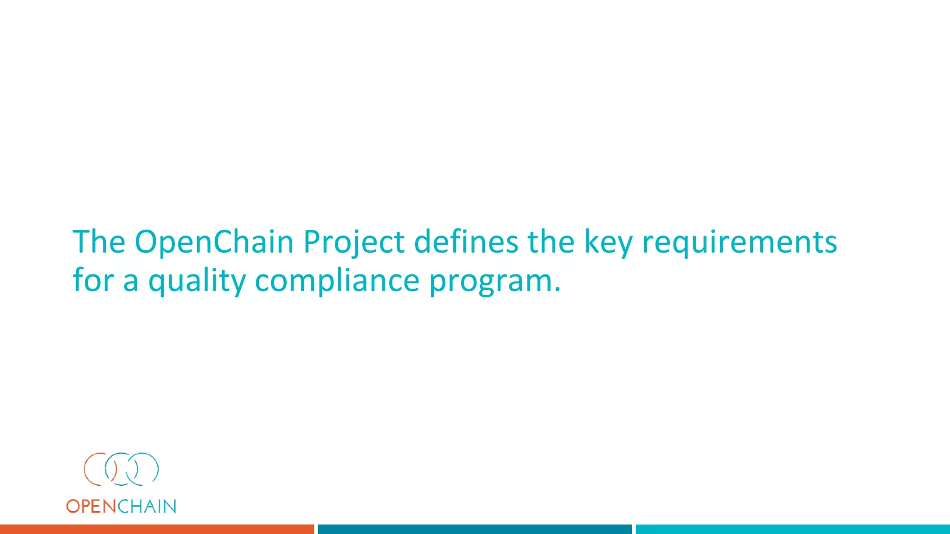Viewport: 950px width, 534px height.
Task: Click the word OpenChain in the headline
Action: point(214,242)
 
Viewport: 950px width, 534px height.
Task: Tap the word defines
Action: point(466,242)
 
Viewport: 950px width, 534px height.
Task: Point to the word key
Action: point(608,243)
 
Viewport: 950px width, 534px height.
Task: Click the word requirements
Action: point(739,243)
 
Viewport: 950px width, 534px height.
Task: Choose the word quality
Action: point(197,281)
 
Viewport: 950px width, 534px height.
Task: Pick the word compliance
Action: point(337,281)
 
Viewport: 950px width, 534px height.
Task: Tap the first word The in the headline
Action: point(99,242)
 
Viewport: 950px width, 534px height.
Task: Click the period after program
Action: point(557,290)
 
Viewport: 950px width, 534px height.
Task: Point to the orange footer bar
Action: point(157,529)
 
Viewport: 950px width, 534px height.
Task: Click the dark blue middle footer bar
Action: point(475,529)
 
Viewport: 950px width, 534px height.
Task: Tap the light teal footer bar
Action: point(792,529)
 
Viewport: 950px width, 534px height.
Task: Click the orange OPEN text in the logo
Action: point(91,506)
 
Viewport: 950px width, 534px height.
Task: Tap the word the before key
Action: point(551,242)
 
